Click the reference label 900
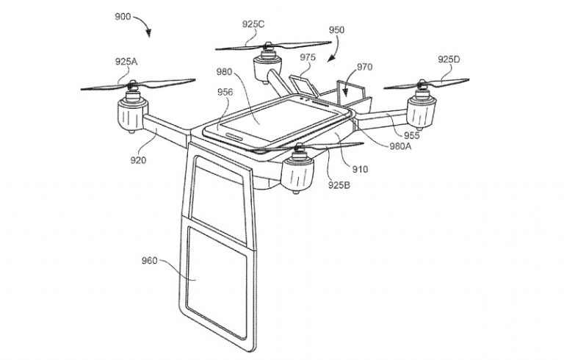(x=123, y=17)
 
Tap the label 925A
(x=126, y=62)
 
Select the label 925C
(x=253, y=24)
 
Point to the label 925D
(x=449, y=60)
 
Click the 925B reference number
(x=339, y=185)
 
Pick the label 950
(x=336, y=30)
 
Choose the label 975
(x=308, y=57)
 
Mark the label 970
(x=365, y=67)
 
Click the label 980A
(x=401, y=146)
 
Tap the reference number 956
(x=225, y=92)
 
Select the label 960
(x=149, y=260)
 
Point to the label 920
(x=138, y=160)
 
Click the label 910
(x=360, y=169)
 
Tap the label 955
(x=411, y=135)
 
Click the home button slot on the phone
(x=234, y=136)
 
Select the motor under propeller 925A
(x=132, y=112)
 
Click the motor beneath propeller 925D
(x=421, y=108)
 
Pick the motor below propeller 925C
(x=267, y=66)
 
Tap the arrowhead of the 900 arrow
(x=148, y=35)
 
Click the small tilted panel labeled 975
(x=304, y=86)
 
